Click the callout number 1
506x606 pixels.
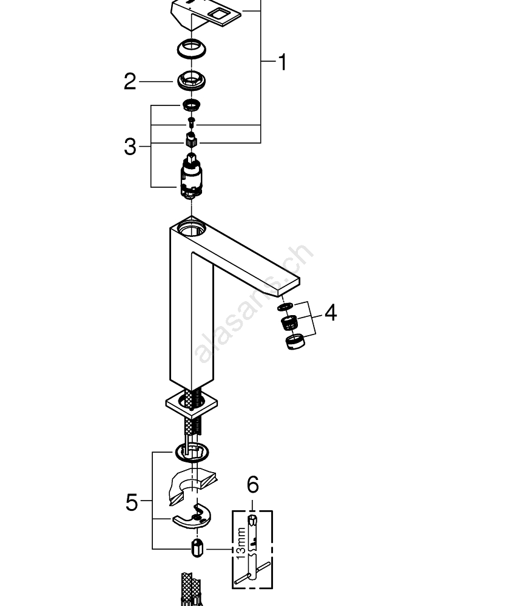point(282,62)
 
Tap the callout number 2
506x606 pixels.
point(130,82)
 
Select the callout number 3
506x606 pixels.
point(130,146)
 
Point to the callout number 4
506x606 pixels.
point(330,313)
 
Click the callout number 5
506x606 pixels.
point(132,502)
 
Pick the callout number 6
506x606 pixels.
point(252,485)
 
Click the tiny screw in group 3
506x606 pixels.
point(192,124)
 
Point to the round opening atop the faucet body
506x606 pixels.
point(192,230)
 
